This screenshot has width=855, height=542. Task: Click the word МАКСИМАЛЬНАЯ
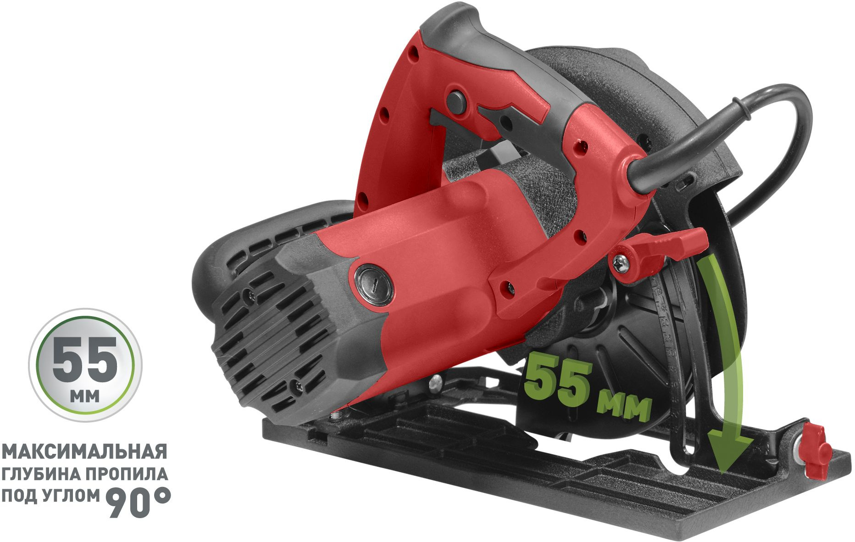tap(84, 452)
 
